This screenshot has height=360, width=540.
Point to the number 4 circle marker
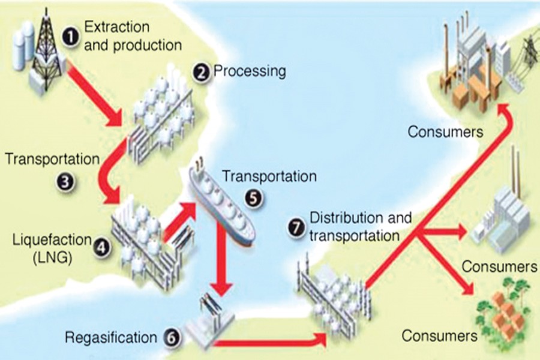coord(103,245)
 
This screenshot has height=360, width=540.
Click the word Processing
coord(250,71)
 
